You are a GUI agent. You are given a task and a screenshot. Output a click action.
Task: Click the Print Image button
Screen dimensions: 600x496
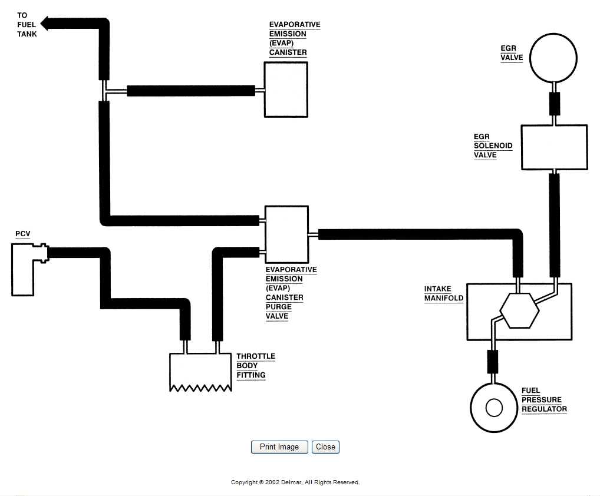tap(279, 447)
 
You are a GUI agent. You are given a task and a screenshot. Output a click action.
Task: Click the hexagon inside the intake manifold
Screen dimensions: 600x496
tap(520, 310)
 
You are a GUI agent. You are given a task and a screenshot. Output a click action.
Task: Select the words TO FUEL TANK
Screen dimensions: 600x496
tap(27, 25)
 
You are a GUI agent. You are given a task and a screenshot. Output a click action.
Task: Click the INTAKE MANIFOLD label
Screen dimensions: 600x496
tap(443, 294)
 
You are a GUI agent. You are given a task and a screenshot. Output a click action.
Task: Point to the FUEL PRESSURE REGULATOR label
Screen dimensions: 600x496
tap(544, 399)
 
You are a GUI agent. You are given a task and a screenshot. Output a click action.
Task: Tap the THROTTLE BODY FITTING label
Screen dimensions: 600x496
tap(256, 366)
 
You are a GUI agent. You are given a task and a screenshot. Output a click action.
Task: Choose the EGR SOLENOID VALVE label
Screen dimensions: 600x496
tap(493, 146)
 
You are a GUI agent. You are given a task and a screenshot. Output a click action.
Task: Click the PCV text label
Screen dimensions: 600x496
tap(23, 234)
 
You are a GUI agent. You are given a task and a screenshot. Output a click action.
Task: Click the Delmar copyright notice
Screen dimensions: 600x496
tap(295, 482)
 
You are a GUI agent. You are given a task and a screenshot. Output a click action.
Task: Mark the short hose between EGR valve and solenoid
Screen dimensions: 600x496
tap(555, 103)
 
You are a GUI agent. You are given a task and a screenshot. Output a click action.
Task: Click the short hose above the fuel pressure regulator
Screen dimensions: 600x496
tap(493, 362)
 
